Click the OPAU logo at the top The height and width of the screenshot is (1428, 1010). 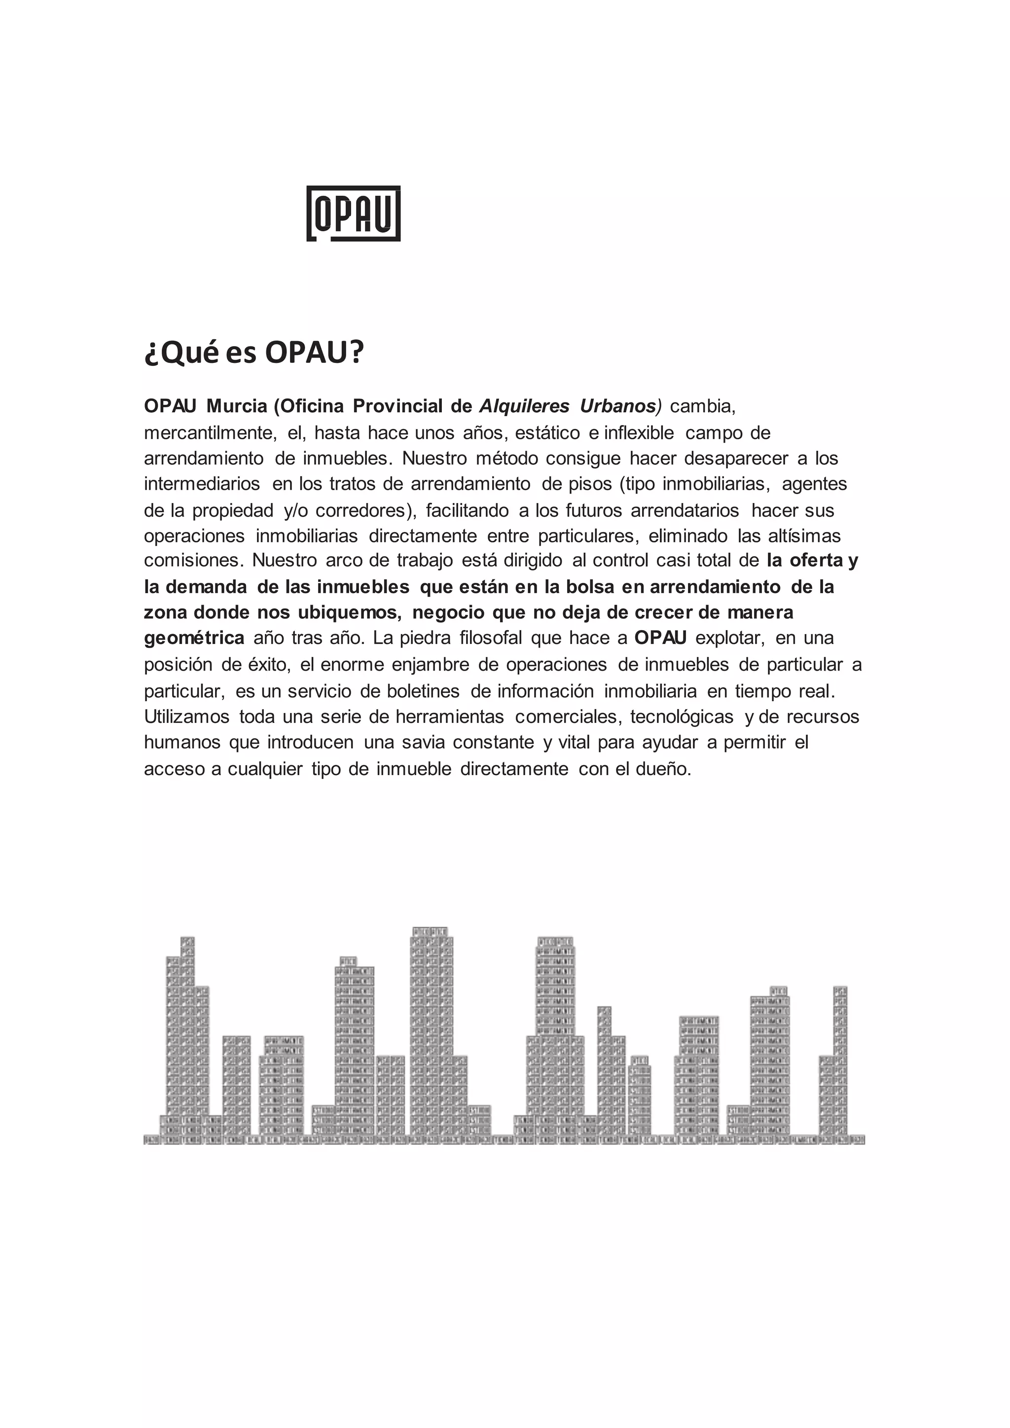[353, 214]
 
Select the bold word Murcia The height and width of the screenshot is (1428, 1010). [236, 406]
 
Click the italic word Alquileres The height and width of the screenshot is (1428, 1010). [524, 406]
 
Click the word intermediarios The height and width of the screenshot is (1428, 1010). [202, 483]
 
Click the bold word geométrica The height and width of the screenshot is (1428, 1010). [194, 638]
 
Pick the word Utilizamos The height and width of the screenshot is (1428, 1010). [186, 717]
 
